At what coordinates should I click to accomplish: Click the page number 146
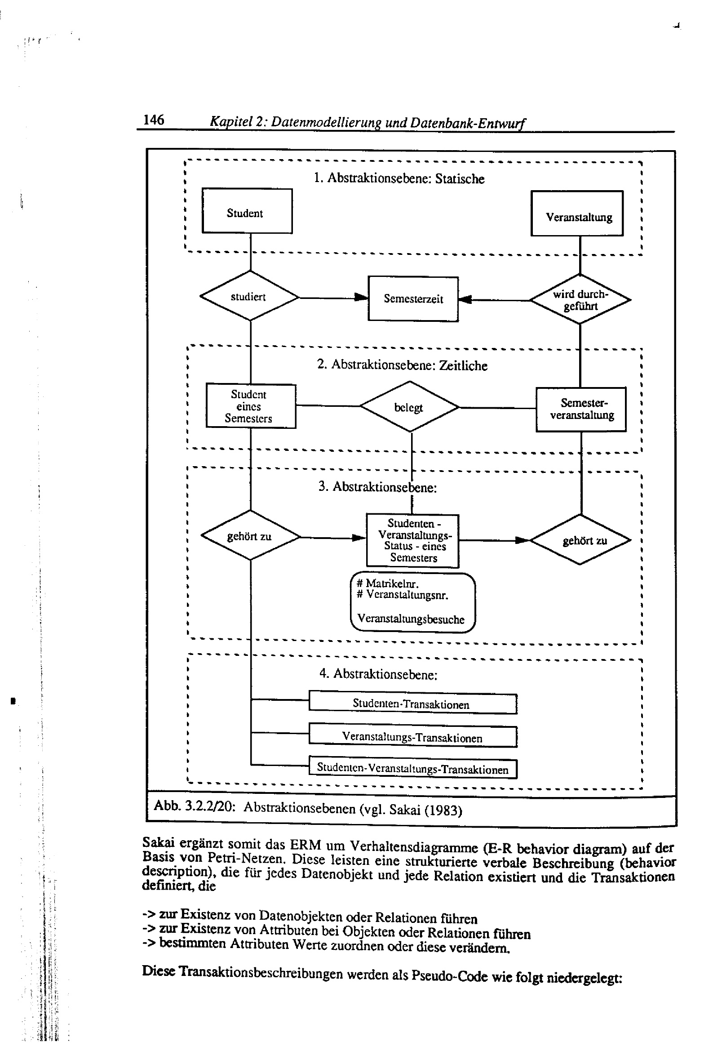(x=153, y=120)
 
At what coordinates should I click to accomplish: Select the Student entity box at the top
(x=246, y=211)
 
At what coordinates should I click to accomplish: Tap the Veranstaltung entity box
(x=576, y=214)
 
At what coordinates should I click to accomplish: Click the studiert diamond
(x=249, y=296)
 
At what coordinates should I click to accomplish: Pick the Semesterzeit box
(x=413, y=299)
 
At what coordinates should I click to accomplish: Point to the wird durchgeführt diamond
(x=580, y=299)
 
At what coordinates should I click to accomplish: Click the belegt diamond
(x=409, y=406)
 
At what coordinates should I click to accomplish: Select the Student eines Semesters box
(x=251, y=406)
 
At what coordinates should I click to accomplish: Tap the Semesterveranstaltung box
(x=581, y=409)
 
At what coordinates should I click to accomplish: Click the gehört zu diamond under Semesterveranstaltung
(x=580, y=540)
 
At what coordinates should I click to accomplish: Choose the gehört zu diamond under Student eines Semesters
(x=250, y=536)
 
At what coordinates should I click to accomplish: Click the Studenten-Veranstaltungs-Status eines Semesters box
(x=412, y=540)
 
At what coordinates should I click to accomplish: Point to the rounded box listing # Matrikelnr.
(x=412, y=602)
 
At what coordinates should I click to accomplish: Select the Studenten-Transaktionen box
(x=412, y=704)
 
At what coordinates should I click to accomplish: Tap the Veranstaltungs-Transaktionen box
(x=412, y=737)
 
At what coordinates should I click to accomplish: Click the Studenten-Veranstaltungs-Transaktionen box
(x=412, y=768)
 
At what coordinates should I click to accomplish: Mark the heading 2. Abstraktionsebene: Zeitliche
(x=402, y=365)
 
